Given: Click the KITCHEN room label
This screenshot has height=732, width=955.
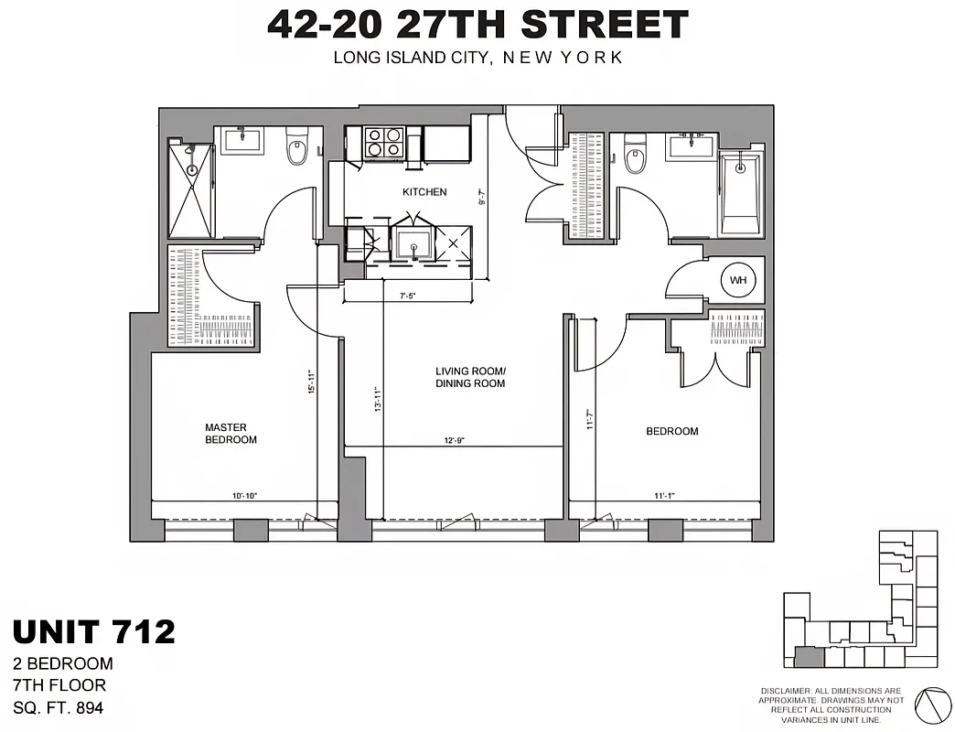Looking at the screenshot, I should click(424, 192).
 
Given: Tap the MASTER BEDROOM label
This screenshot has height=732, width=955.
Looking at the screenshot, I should click(231, 434).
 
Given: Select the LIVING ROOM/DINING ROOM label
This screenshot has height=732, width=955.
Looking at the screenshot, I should click(470, 377).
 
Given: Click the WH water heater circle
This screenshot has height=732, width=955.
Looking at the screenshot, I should click(737, 281).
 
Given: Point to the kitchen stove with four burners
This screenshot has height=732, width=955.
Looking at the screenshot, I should click(384, 144).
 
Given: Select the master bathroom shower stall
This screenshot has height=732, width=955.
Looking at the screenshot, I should click(192, 188).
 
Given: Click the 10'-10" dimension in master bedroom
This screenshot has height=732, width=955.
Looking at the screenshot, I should click(244, 496).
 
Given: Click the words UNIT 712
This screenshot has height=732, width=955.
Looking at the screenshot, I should click(93, 631).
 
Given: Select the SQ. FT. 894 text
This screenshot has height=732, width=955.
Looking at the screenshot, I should click(59, 706).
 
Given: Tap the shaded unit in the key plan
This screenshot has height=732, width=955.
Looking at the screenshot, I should click(808, 656).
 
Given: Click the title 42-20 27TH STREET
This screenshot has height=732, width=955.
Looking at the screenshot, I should click(477, 25).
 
